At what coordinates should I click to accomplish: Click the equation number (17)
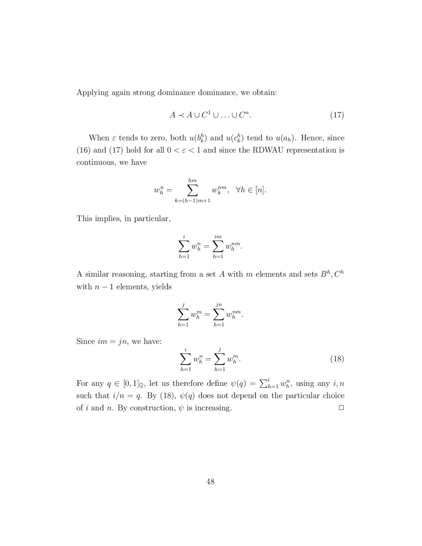click(337, 115)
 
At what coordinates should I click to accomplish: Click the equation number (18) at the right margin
click(337, 359)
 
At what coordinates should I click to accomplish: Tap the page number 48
click(210, 481)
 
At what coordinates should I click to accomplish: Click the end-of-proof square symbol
click(341, 408)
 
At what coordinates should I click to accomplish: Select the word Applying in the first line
click(92, 93)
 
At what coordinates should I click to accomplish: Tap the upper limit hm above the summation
click(192, 180)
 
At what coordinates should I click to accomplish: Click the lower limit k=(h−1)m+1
click(192, 201)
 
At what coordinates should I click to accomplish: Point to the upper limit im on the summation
click(218, 237)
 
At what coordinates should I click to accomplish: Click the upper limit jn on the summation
click(218, 305)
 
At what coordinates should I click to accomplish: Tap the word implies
click(108, 219)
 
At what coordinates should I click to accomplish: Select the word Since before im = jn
click(86, 342)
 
